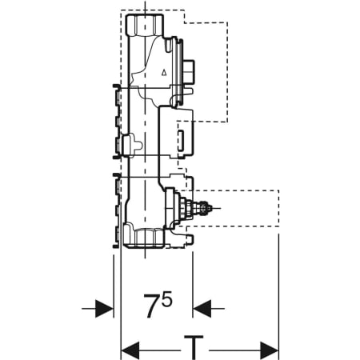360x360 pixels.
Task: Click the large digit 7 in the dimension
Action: [x=153, y=306]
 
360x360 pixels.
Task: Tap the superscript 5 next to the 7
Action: [x=167, y=298]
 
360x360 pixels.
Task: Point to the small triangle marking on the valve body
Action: [x=164, y=72]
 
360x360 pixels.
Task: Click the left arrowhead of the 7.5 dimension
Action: [x=104, y=309]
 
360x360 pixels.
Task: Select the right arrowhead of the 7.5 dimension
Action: [x=202, y=309]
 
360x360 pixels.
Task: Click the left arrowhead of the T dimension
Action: [x=130, y=350]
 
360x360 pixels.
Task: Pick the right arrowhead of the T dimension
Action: [x=270, y=350]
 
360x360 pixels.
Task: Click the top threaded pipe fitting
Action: [x=145, y=26]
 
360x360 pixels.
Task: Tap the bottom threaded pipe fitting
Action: [x=144, y=236]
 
